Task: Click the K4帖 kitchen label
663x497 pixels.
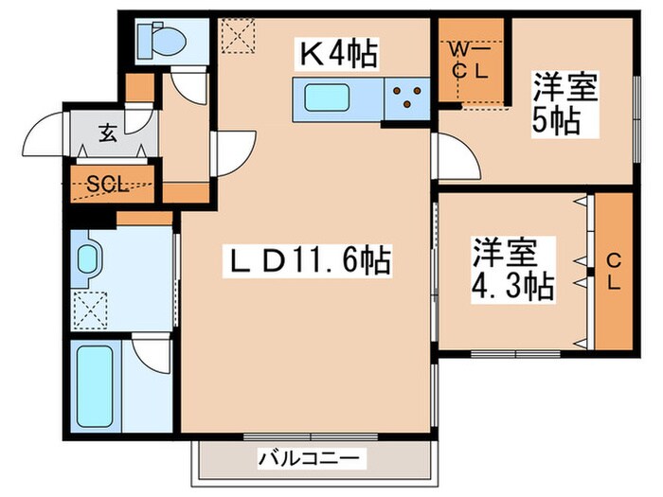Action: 339,55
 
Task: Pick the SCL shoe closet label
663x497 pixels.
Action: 107,185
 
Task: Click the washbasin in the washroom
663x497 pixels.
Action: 89,258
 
